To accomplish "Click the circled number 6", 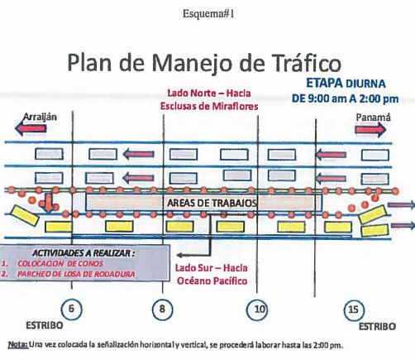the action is pyautogui.click(x=71, y=309).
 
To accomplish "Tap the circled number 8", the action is pyautogui.click(x=162, y=309).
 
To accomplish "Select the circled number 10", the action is pyautogui.click(x=257, y=309).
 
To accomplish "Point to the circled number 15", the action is pyautogui.click(x=354, y=310).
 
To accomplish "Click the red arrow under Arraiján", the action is pyautogui.click(x=31, y=128).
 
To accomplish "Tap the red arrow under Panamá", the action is pyautogui.click(x=370, y=129).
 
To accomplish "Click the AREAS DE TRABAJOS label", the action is pyautogui.click(x=212, y=203).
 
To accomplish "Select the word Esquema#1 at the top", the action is pyautogui.click(x=208, y=14).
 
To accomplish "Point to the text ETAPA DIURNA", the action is pyautogui.click(x=346, y=83).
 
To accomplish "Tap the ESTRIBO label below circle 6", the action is pyautogui.click(x=45, y=325).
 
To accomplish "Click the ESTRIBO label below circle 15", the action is pyautogui.click(x=377, y=327).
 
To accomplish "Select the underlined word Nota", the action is pyautogui.click(x=17, y=344).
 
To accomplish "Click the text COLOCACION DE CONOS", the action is pyautogui.click(x=60, y=263).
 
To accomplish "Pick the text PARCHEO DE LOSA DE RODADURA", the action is pyautogui.click(x=76, y=274).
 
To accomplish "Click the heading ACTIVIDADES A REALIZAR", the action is pyautogui.click(x=83, y=253).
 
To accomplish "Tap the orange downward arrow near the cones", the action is pyautogui.click(x=49, y=203).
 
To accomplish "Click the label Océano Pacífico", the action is pyautogui.click(x=212, y=281).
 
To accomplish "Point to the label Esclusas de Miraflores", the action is pyautogui.click(x=209, y=106).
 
